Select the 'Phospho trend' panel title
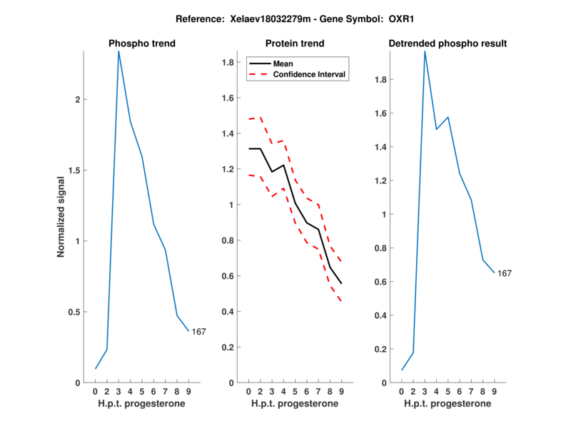pos(142,44)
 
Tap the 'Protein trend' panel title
pos(295,44)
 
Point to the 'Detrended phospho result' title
pos(448,44)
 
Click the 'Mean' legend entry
pos(283,64)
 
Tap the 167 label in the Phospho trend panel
pos(199,331)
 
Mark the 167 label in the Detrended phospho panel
pos(505,273)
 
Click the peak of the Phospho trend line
pos(118,51)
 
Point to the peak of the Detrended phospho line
pos(425,51)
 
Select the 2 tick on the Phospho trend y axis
pos(78,99)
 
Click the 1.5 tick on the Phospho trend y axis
pos(74,170)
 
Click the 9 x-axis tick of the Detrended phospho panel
pos(493,391)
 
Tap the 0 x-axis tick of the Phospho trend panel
pos(96,391)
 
